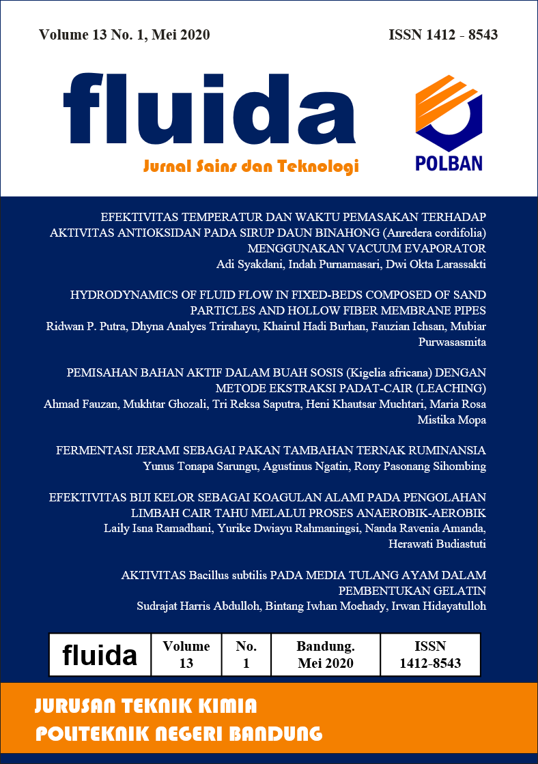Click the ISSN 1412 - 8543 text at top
click(x=442, y=35)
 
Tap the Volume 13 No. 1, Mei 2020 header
click(x=124, y=35)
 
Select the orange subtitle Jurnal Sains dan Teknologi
click(x=251, y=166)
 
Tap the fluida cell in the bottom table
click(x=100, y=655)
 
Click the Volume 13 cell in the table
click(x=186, y=654)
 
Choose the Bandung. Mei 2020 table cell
click(x=326, y=654)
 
